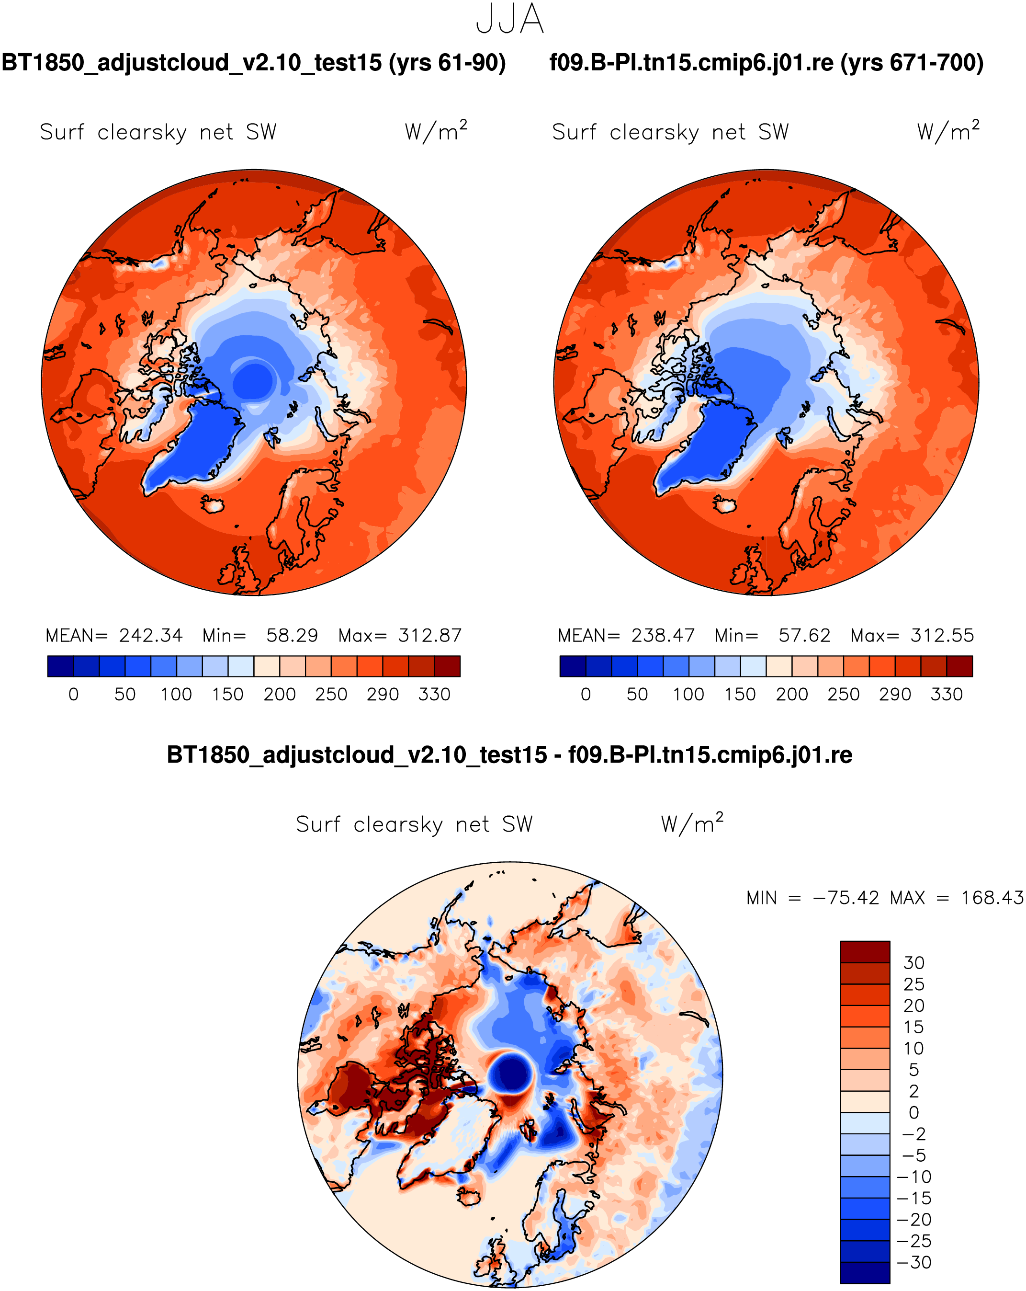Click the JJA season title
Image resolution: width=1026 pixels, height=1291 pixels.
tap(509, 19)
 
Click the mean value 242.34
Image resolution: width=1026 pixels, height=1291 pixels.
tap(151, 635)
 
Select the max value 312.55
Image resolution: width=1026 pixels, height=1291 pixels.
tap(942, 635)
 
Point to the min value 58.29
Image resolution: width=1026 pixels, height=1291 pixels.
tap(292, 635)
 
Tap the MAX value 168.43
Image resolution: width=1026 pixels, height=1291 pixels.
tap(992, 898)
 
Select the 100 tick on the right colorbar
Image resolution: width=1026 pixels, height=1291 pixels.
tap(688, 695)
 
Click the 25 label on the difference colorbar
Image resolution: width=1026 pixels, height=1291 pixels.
tap(914, 984)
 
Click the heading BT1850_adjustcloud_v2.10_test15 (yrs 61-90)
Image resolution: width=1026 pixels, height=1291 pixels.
tap(254, 63)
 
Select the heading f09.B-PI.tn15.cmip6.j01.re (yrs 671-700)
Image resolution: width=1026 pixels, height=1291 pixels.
tap(766, 63)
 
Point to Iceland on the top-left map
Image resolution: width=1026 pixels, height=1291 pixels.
tap(213, 504)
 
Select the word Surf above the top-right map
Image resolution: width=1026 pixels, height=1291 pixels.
tap(574, 132)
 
